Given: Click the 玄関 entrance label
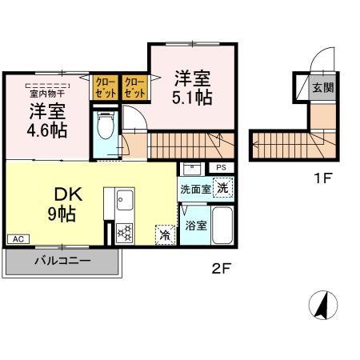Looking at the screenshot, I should point(323,87).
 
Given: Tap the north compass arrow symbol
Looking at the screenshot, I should point(324,304).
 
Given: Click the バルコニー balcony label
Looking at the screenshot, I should point(62,261).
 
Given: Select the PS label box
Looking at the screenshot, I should point(222,168).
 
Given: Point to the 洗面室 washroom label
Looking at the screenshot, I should point(194,190).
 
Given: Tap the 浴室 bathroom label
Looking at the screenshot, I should point(196,225).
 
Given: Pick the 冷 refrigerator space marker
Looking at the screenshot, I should point(165,235).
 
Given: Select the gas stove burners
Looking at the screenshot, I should point(125,233).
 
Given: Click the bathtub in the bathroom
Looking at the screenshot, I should point(222,226).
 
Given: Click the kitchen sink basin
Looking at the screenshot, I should point(124,201).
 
